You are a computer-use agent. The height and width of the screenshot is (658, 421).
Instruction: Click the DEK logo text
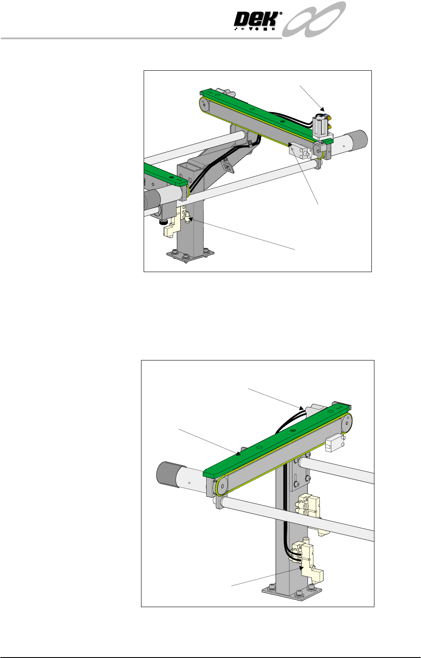[256, 20]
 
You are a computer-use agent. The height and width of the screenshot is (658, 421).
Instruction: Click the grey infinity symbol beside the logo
[314, 19]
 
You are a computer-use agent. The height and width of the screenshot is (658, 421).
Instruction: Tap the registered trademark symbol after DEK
[281, 13]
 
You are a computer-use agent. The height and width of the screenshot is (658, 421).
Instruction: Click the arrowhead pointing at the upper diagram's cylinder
[322, 109]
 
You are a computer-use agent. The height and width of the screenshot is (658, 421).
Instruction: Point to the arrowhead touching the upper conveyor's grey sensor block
[291, 145]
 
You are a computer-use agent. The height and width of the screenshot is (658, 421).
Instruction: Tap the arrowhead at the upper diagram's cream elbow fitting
[192, 219]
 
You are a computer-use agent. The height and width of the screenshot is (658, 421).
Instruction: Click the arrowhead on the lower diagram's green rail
[239, 453]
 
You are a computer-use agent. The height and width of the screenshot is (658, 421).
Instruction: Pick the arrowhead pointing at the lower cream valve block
[301, 568]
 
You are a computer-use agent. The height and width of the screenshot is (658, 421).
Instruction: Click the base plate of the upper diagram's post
[190, 255]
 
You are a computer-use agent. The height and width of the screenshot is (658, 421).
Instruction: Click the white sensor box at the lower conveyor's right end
[334, 444]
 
